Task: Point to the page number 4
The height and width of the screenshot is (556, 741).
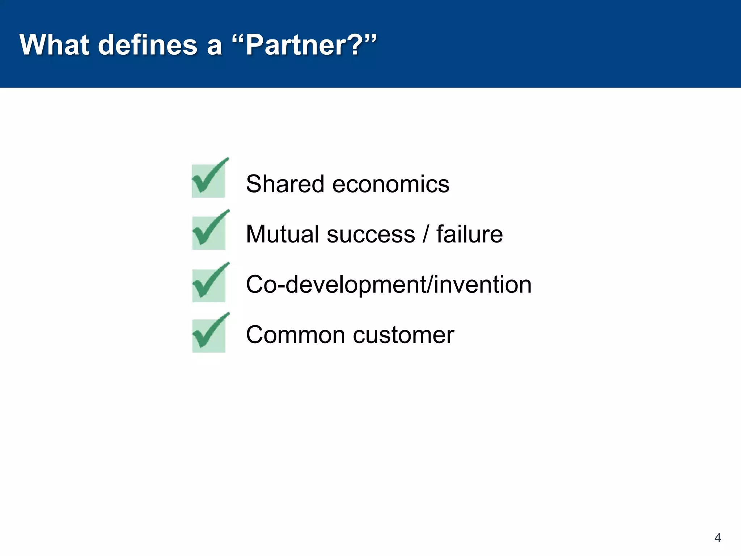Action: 717,538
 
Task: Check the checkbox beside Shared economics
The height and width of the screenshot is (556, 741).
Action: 209,180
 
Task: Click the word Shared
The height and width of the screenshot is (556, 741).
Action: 285,184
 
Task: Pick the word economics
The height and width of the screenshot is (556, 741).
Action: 390,184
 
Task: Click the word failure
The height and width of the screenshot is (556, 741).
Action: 469,234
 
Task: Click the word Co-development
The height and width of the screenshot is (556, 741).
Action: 336,285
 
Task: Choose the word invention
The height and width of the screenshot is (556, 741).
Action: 483,285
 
